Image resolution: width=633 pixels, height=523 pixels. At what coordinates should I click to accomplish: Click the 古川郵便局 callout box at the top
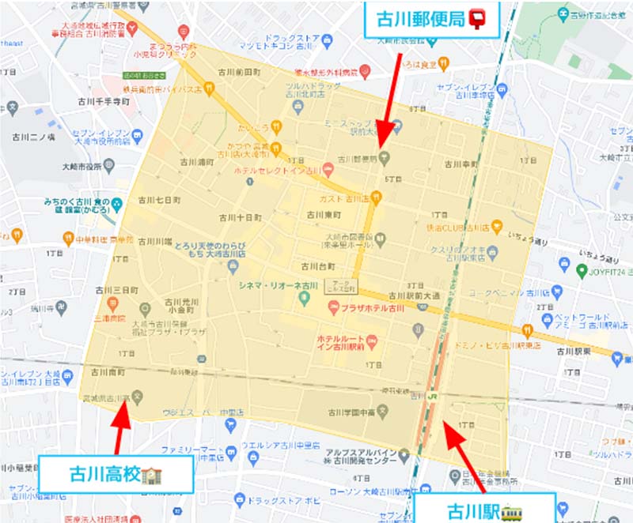431,17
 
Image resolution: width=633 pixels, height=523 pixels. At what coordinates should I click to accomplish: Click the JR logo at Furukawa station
434,395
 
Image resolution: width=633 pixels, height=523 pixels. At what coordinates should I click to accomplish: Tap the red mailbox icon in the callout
477,17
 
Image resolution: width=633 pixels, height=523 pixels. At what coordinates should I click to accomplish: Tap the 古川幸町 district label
461,164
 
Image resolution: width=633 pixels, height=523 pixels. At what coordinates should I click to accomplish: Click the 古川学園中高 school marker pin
383,411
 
